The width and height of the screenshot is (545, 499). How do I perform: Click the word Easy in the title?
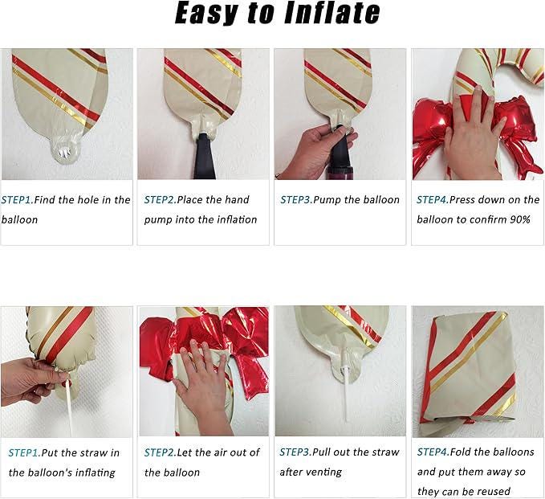pos(209,14)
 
